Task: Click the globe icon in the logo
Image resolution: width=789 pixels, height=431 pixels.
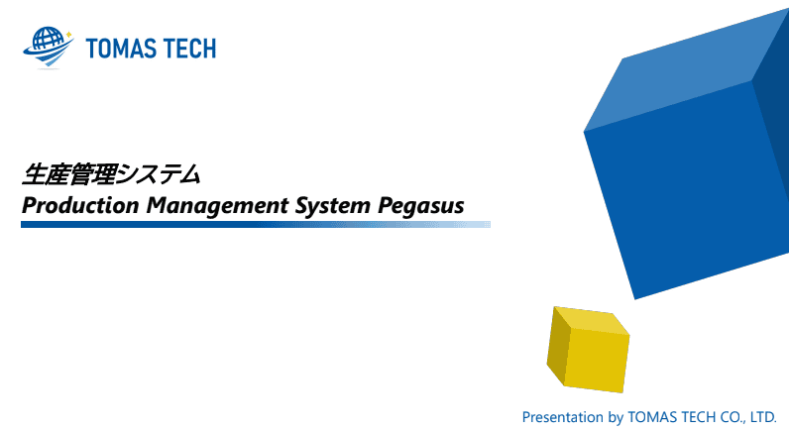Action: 49,47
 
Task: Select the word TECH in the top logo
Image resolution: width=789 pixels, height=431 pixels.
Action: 190,49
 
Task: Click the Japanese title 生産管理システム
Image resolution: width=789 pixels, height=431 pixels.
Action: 111,174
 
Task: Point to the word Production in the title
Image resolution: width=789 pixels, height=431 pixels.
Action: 80,205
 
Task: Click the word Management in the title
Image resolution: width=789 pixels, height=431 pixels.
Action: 218,206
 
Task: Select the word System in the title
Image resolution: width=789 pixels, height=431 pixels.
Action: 333,206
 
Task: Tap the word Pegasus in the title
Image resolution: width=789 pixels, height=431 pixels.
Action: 420,206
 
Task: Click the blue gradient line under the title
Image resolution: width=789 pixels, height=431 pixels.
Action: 256,224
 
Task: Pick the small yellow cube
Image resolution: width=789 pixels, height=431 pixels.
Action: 588,350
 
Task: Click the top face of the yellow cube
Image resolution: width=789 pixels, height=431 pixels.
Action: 591,319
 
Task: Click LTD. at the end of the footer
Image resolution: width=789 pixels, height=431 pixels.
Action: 763,417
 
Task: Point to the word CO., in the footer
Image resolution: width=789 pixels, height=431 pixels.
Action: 733,417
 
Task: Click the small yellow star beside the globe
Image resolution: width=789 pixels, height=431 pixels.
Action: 69,35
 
